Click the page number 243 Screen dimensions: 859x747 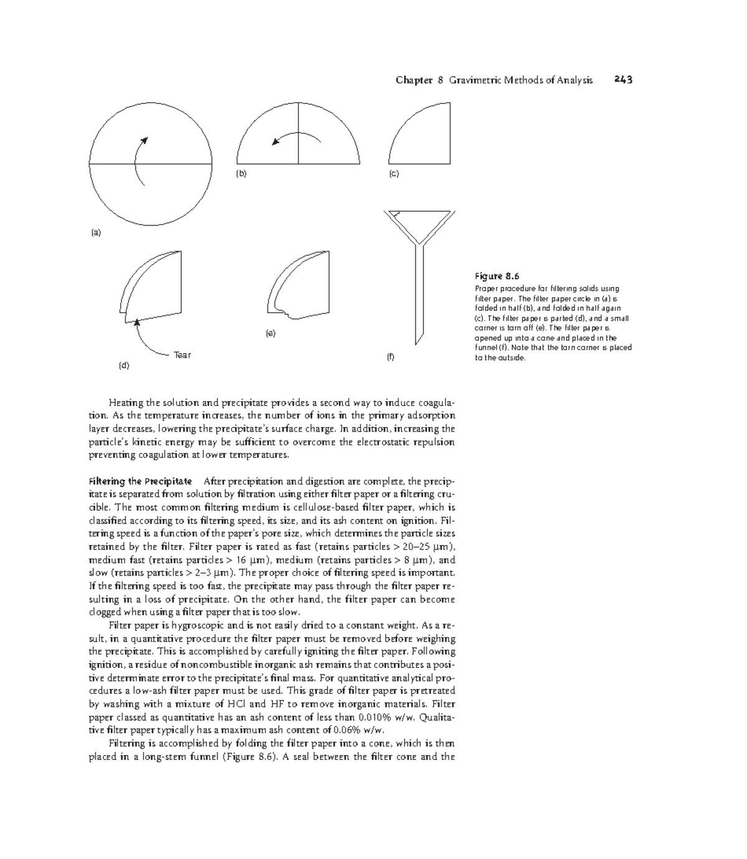pyautogui.click(x=622, y=80)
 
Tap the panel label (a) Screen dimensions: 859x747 pyautogui.click(x=96, y=233)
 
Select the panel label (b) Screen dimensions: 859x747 pyautogui.click(x=242, y=174)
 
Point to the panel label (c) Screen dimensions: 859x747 pyautogui.click(x=394, y=174)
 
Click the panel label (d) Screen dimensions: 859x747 pyautogui.click(x=124, y=366)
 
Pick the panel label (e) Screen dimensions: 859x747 pyautogui.click(x=270, y=333)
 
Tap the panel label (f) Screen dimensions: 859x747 pyautogui.click(x=390, y=358)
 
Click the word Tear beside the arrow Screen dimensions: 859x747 pyautogui.click(x=182, y=355)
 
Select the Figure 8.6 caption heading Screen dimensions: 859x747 pyautogui.click(x=497, y=276)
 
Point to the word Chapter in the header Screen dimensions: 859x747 pyautogui.click(x=414, y=80)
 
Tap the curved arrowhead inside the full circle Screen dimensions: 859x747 pyautogui.click(x=144, y=140)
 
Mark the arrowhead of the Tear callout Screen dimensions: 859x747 pyautogui.click(x=136, y=322)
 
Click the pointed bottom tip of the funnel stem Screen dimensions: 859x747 pyautogui.click(x=415, y=343)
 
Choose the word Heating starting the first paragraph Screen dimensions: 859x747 pyautogui.click(x=125, y=402)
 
